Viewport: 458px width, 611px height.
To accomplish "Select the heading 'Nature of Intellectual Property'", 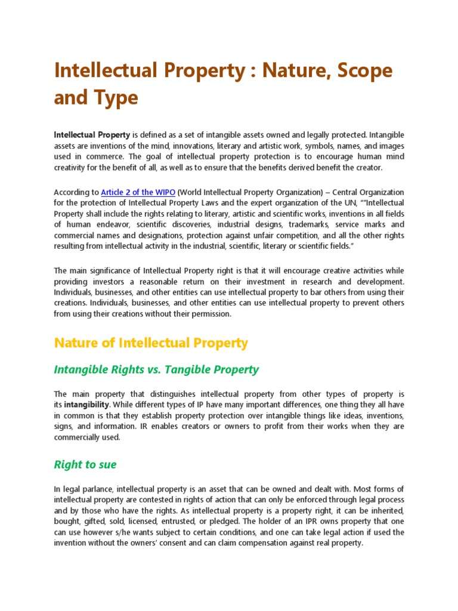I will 150,343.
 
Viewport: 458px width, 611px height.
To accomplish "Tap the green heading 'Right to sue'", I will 85,464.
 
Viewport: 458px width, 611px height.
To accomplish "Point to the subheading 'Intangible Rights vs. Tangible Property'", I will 156,369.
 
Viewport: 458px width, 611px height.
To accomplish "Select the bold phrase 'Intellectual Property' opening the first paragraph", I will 92,135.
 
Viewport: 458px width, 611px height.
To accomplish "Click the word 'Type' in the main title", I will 118,97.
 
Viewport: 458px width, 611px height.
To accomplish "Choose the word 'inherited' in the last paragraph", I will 386,511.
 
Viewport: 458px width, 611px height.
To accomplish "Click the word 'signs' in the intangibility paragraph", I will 64,426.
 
